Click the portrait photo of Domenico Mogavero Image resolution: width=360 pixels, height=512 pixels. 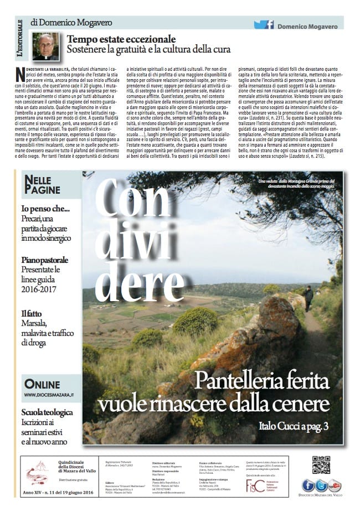pos(45,46)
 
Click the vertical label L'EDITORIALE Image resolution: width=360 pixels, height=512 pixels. pos(20,39)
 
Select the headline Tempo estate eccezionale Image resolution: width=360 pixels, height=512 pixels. pos(121,39)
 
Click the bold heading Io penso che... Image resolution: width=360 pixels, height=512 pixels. pos(45,209)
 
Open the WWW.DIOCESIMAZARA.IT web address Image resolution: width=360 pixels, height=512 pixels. pos(48,395)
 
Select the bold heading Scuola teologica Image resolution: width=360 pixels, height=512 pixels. pos(47,412)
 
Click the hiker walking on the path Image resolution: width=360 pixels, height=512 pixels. pos(308,298)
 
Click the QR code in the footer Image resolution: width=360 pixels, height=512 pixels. pos(321,464)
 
